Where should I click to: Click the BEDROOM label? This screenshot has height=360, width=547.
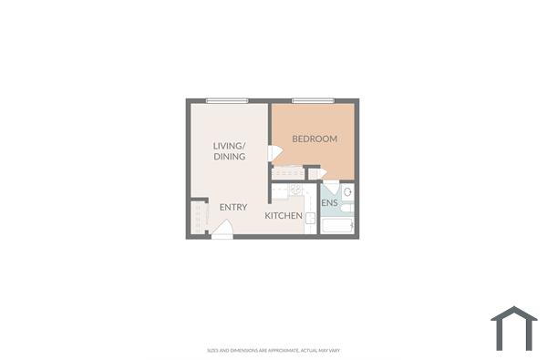click(315, 139)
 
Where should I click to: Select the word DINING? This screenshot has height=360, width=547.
click(230, 157)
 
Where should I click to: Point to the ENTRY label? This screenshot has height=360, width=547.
click(233, 207)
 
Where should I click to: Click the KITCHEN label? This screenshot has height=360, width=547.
click(284, 216)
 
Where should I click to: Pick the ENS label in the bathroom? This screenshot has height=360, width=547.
click(330, 202)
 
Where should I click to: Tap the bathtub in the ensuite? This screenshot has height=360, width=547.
click(338, 223)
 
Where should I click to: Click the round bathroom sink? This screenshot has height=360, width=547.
click(347, 193)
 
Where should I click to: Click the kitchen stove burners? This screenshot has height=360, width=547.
click(295, 190)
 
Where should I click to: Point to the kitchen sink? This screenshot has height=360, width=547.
click(310, 219)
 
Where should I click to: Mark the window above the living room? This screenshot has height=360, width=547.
click(227, 100)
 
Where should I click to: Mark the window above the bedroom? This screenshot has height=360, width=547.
click(313, 100)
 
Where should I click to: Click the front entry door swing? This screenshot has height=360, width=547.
click(222, 231)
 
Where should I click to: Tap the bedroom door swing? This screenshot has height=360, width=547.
click(274, 153)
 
